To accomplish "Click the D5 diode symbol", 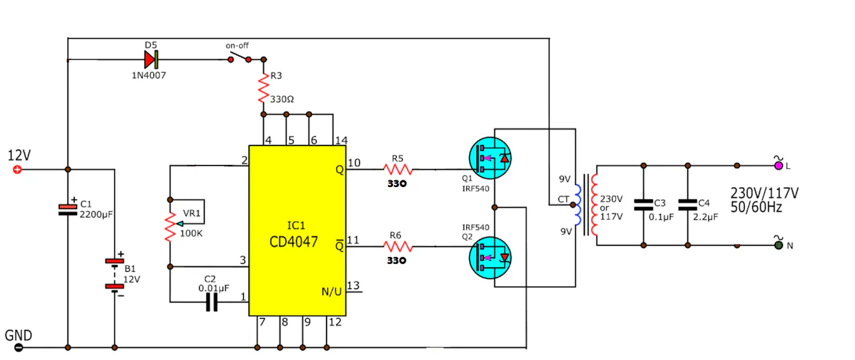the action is [151, 59].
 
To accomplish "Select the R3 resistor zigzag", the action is [263, 88].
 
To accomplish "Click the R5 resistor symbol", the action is [398, 169].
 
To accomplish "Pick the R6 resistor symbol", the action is [398, 246].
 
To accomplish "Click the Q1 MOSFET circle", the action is [490, 158].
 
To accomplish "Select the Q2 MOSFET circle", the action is [490, 258].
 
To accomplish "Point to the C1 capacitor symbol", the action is [67, 210].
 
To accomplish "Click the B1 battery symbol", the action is [114, 274].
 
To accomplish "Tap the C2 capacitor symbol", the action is [212, 303].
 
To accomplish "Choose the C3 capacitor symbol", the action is [643, 205].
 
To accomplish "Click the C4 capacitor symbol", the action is [687, 205].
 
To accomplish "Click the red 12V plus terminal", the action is [17, 170].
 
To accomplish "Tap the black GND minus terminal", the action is [18, 347].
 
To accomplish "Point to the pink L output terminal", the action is [778, 166].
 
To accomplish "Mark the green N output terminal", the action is [779, 246].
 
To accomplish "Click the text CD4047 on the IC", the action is [293, 242].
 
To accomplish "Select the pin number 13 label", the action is [353, 285].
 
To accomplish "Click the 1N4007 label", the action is [149, 75].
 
